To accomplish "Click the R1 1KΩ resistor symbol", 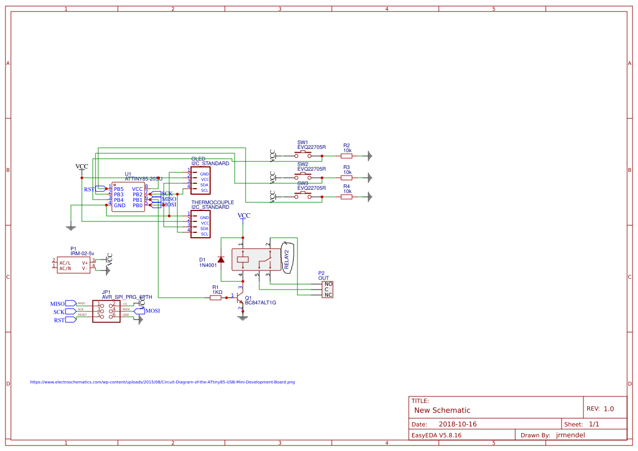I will click(216, 298).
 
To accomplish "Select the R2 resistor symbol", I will click(347, 156).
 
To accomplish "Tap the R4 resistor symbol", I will click(347, 197).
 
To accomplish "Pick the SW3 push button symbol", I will click(303, 196).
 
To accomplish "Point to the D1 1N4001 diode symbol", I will click(220, 260).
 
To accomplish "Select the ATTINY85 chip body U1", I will click(128, 197).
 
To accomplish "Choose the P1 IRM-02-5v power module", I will click(74, 265).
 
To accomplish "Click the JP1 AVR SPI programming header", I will click(106, 311).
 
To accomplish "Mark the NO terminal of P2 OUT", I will click(328, 284).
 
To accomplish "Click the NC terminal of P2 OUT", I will click(328, 295).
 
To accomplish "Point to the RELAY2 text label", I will click(287, 259).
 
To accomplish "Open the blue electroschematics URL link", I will click(162, 382).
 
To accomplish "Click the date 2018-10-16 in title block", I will click(457, 424).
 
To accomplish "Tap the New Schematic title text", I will click(442, 410).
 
